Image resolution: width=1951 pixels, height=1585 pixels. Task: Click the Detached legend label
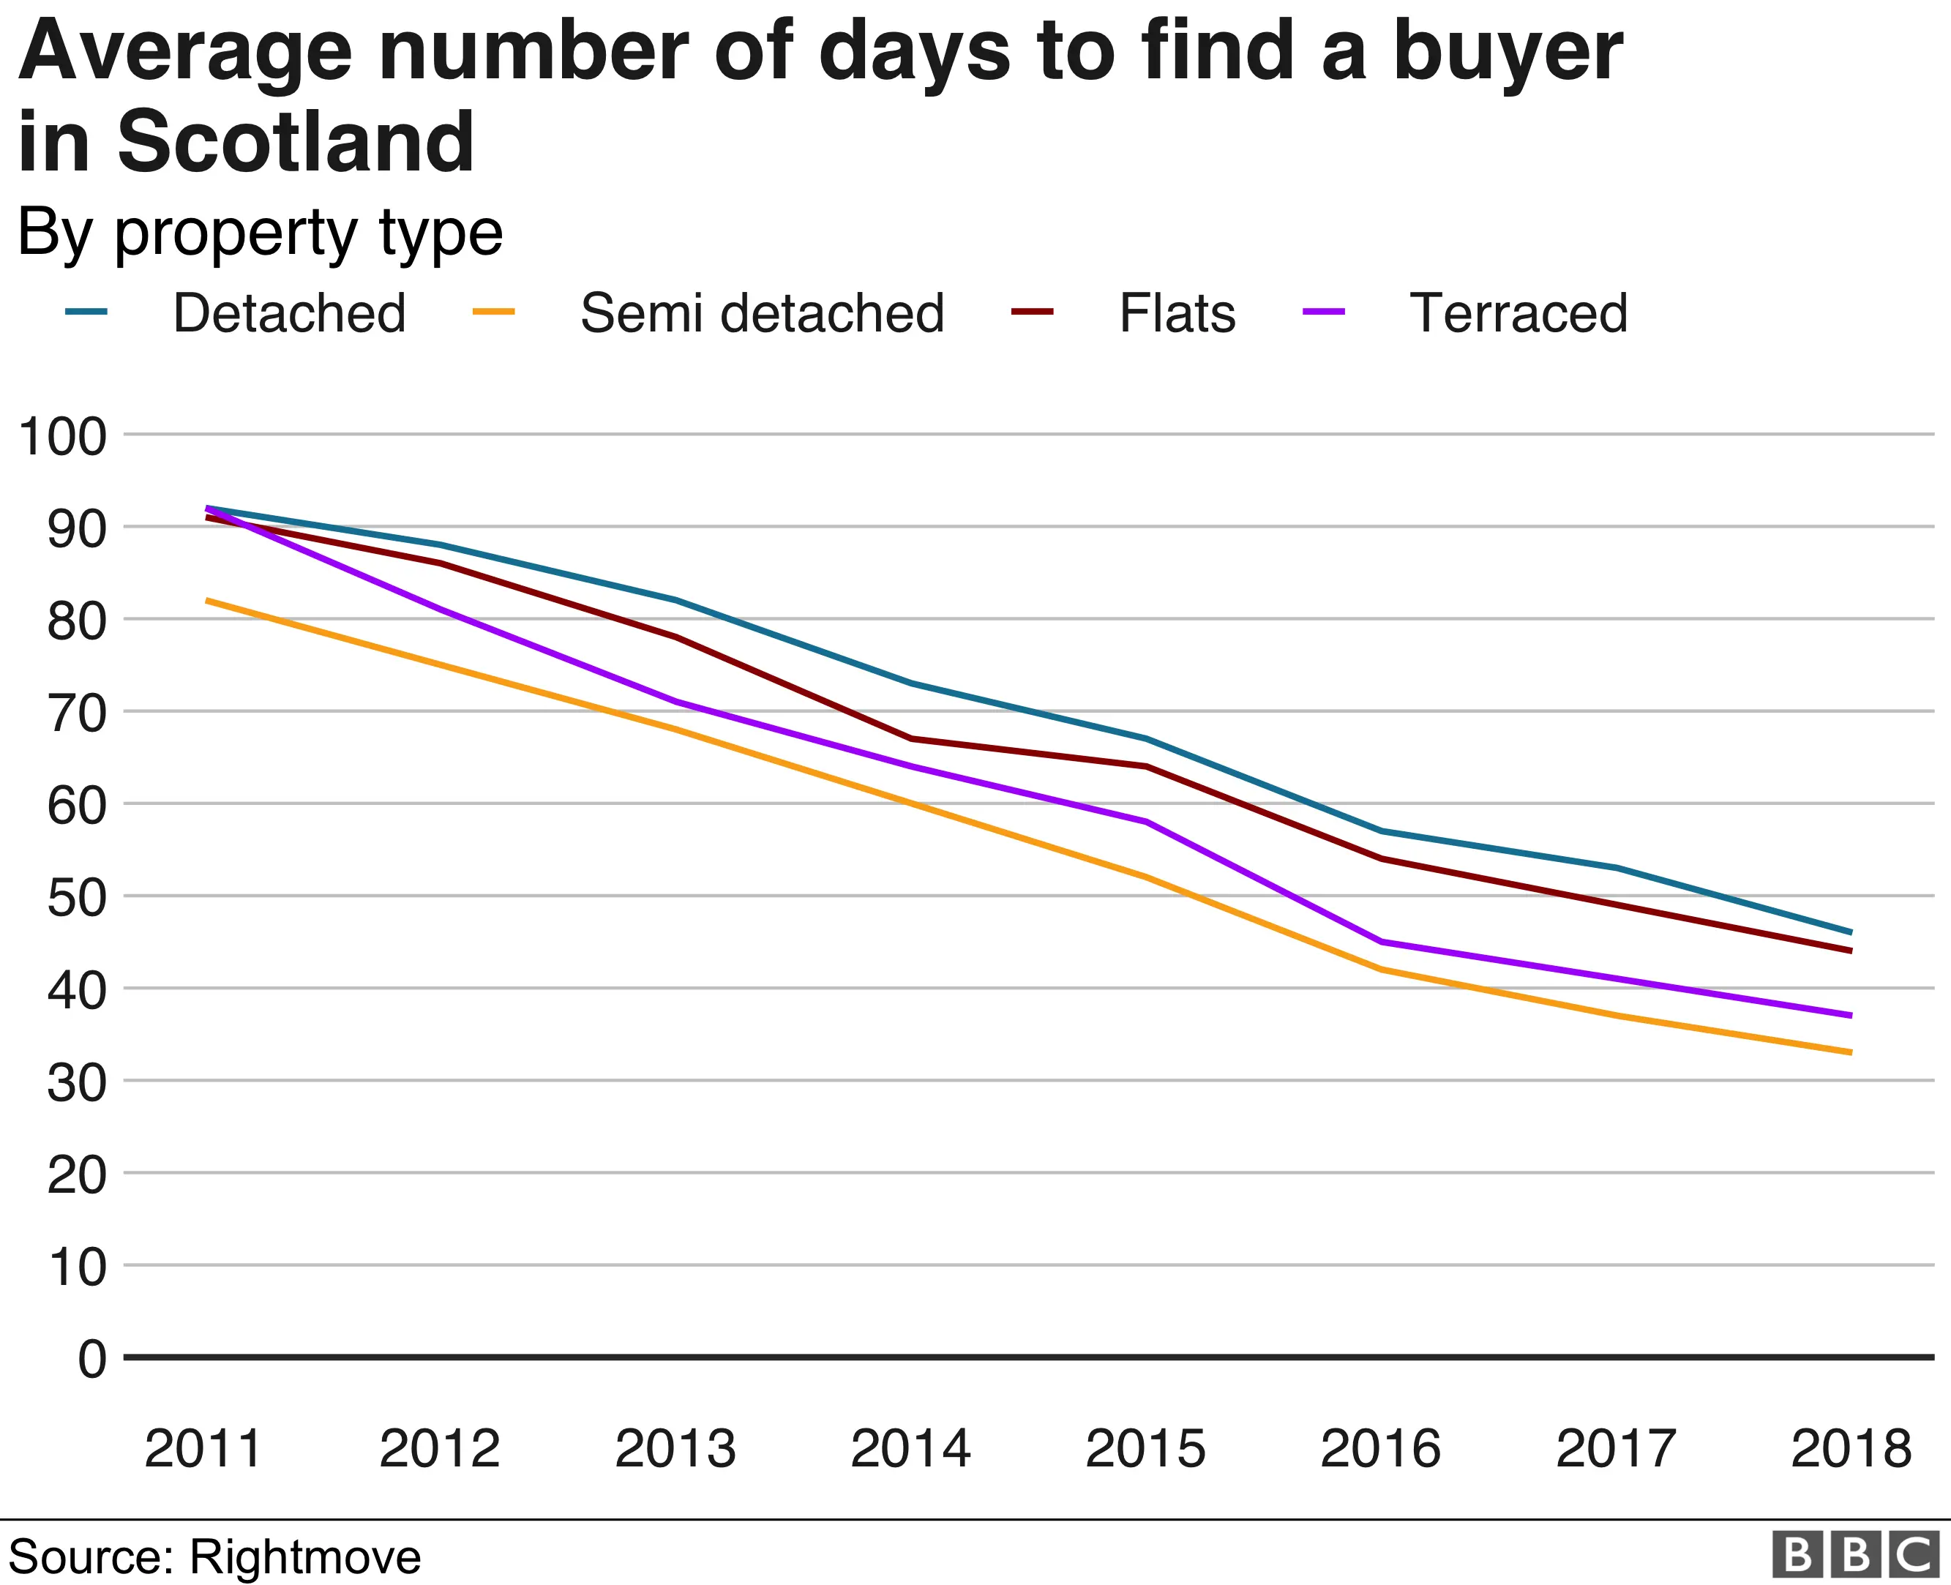[x=288, y=313]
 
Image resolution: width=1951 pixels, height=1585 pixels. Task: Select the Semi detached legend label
[x=761, y=313]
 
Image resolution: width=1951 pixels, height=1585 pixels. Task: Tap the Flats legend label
[x=1177, y=313]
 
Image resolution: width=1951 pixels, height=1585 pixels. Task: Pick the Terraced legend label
[x=1519, y=313]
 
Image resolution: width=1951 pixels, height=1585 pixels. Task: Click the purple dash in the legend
[x=1323, y=312]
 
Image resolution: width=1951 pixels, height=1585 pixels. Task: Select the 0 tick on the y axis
[x=91, y=1360]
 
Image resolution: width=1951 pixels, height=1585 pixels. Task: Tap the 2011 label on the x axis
[x=203, y=1448]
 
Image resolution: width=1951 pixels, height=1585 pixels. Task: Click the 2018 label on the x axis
[x=1851, y=1448]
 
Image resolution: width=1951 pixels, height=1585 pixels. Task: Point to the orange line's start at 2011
[x=208, y=600]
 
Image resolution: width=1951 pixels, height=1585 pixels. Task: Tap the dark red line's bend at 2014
[x=911, y=738]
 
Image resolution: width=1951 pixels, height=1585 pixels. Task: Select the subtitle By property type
[x=261, y=233]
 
